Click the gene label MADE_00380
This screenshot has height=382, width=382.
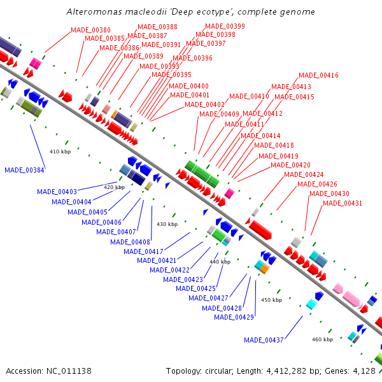(x=90, y=30)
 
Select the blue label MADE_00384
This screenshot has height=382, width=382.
(x=24, y=170)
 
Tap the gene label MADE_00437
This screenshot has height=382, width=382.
(x=264, y=339)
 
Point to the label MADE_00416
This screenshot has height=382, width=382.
(x=318, y=75)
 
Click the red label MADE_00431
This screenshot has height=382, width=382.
(x=343, y=204)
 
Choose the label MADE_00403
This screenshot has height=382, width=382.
(x=57, y=192)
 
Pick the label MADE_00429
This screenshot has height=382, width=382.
(x=234, y=317)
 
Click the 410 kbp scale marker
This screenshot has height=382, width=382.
(x=59, y=152)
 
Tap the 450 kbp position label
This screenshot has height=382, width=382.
(x=271, y=300)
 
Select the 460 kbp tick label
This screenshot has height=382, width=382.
(x=322, y=339)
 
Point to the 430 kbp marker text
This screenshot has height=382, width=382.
(x=167, y=224)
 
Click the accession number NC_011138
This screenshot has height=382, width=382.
(x=68, y=371)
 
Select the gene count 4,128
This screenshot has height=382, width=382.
(x=364, y=371)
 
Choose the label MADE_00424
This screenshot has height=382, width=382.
(x=304, y=174)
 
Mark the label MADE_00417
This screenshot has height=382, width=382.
(x=143, y=251)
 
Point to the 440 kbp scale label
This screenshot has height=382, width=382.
(x=220, y=262)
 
